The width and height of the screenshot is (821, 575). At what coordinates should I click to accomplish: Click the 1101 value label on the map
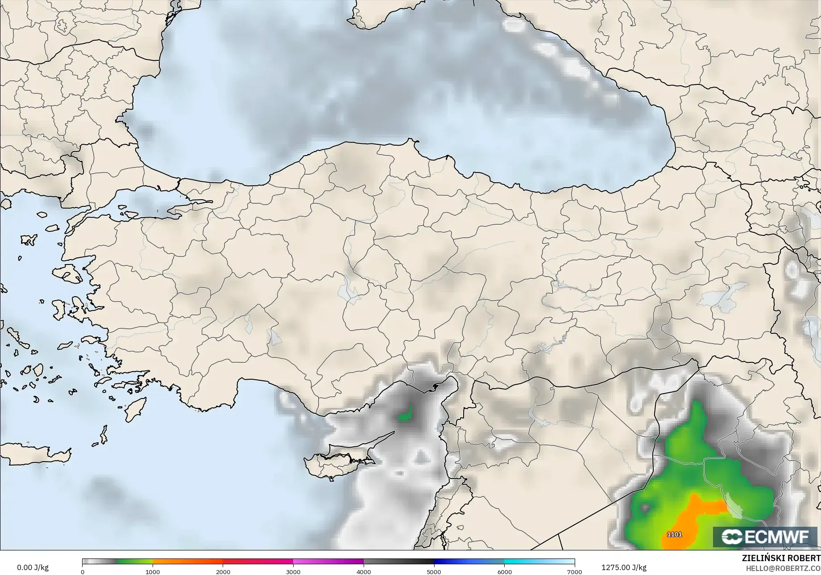(674, 534)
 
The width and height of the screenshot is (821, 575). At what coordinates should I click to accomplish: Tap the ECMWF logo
(765, 537)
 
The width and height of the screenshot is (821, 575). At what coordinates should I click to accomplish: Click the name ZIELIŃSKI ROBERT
(781, 558)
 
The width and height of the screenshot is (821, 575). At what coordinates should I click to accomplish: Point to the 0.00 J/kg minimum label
(33, 567)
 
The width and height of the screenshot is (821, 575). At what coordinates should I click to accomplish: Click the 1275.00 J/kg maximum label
(624, 567)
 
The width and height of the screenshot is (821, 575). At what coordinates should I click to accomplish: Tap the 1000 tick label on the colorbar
(153, 571)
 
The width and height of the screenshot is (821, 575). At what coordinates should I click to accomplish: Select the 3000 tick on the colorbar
(293, 571)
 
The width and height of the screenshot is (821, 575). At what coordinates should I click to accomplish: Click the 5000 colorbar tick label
(434, 571)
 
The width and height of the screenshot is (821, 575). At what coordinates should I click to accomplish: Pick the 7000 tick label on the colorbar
(574, 571)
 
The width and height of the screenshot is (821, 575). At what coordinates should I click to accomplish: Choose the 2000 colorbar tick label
(223, 571)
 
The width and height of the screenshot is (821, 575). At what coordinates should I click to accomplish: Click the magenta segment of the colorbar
(328, 562)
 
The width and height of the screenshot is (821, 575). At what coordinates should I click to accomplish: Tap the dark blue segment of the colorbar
(469, 562)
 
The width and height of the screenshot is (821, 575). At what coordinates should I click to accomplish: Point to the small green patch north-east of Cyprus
(405, 415)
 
